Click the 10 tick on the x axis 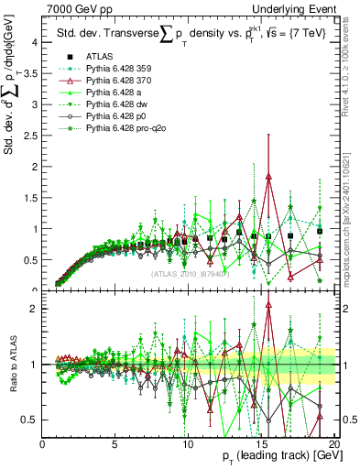(x=186, y=444)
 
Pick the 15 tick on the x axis (x=258, y=444)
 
